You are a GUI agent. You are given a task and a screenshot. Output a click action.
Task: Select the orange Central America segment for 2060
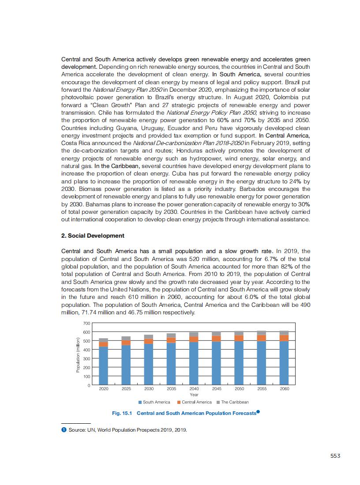(284, 338)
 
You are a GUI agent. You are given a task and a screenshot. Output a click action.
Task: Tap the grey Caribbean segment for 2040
(194, 334)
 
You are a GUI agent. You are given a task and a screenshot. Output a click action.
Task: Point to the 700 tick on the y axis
(86, 324)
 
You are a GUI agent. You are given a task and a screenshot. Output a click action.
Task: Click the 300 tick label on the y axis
(86, 359)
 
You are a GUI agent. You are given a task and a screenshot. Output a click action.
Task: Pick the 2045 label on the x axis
(217, 389)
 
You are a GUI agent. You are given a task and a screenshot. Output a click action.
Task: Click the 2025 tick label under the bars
(126, 389)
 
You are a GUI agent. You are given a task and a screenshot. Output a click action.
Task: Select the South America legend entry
(154, 402)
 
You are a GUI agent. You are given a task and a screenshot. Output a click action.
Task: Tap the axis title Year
(194, 395)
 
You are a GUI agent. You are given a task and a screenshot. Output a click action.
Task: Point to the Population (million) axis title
(78, 354)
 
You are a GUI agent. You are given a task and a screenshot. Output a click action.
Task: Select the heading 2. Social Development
(93, 235)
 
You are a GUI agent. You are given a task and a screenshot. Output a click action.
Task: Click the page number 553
(335, 456)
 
